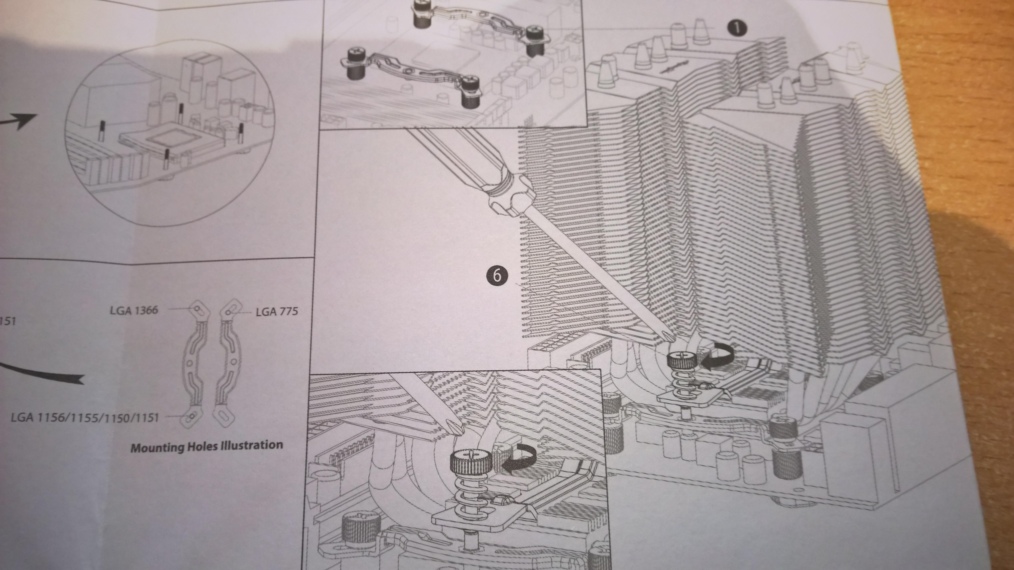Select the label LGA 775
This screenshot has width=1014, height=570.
pyautogui.click(x=277, y=312)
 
